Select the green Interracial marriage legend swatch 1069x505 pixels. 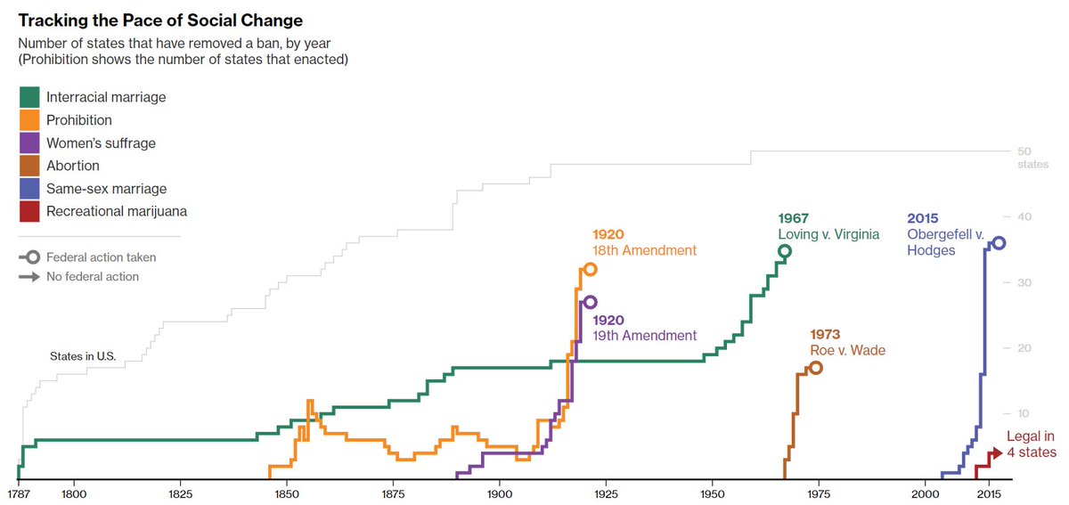pyautogui.click(x=29, y=97)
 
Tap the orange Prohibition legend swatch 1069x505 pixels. pyautogui.click(x=29, y=120)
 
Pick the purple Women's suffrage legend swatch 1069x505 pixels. pyautogui.click(x=29, y=143)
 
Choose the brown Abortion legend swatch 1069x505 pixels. pyautogui.click(x=29, y=166)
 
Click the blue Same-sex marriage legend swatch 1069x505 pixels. pyautogui.click(x=29, y=189)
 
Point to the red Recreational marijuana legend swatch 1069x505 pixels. pyautogui.click(x=29, y=212)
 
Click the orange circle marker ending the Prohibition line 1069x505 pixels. pyautogui.click(x=590, y=269)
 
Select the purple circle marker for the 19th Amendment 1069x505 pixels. pyautogui.click(x=590, y=303)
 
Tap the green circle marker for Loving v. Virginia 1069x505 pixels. pyautogui.click(x=784, y=251)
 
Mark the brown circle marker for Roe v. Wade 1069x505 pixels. pyautogui.click(x=816, y=368)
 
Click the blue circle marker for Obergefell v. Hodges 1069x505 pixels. pyautogui.click(x=999, y=243)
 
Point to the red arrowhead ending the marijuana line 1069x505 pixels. pyautogui.click(x=998, y=452)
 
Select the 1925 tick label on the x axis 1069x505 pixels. pyautogui.click(x=605, y=493)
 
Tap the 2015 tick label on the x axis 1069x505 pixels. pyautogui.click(x=987, y=493)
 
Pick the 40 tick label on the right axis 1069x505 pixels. pyautogui.click(x=1024, y=217)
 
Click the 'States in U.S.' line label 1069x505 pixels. pyautogui.click(x=83, y=356)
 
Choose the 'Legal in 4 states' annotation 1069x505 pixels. pyautogui.click(x=1031, y=444)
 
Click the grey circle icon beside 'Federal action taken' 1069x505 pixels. pyautogui.click(x=33, y=257)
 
